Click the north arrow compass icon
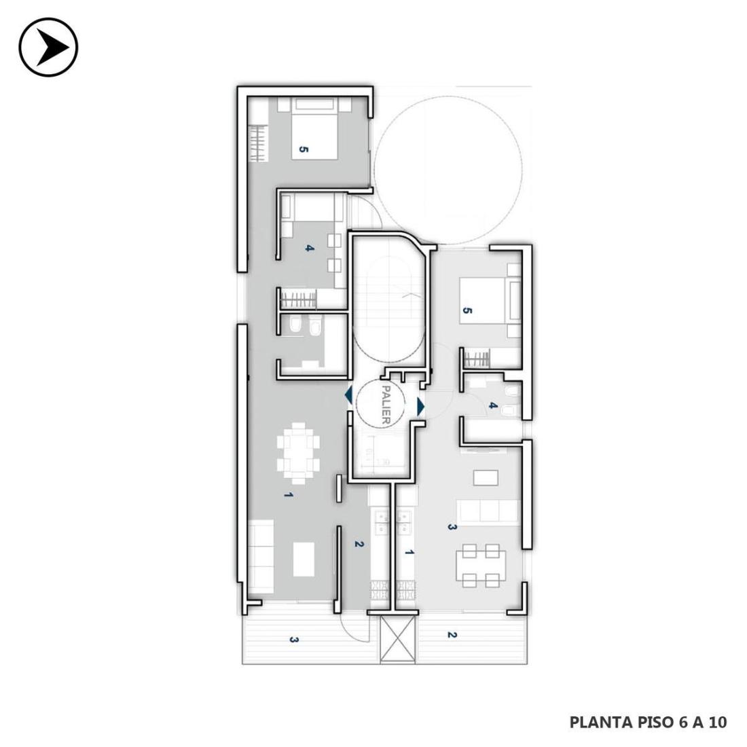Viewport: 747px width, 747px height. (x=48, y=47)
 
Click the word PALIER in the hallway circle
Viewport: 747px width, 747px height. (x=386, y=405)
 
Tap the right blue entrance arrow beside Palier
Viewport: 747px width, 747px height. (x=420, y=406)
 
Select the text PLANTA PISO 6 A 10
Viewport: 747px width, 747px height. (x=649, y=723)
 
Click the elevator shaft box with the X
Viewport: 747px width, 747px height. (x=398, y=638)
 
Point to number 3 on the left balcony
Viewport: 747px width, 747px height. (x=294, y=640)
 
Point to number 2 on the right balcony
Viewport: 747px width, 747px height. (x=452, y=635)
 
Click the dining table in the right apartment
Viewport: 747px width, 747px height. (x=481, y=566)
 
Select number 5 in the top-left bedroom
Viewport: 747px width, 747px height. (x=304, y=149)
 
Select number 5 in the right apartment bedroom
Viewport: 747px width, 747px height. (x=467, y=311)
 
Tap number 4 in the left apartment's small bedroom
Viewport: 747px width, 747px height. (x=310, y=248)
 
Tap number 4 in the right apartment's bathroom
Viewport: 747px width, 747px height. (x=493, y=406)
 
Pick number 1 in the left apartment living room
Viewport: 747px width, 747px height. (x=288, y=495)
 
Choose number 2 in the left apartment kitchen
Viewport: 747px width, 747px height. (x=359, y=544)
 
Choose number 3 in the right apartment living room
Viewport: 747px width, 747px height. (x=452, y=528)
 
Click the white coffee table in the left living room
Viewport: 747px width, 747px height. (x=304, y=560)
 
